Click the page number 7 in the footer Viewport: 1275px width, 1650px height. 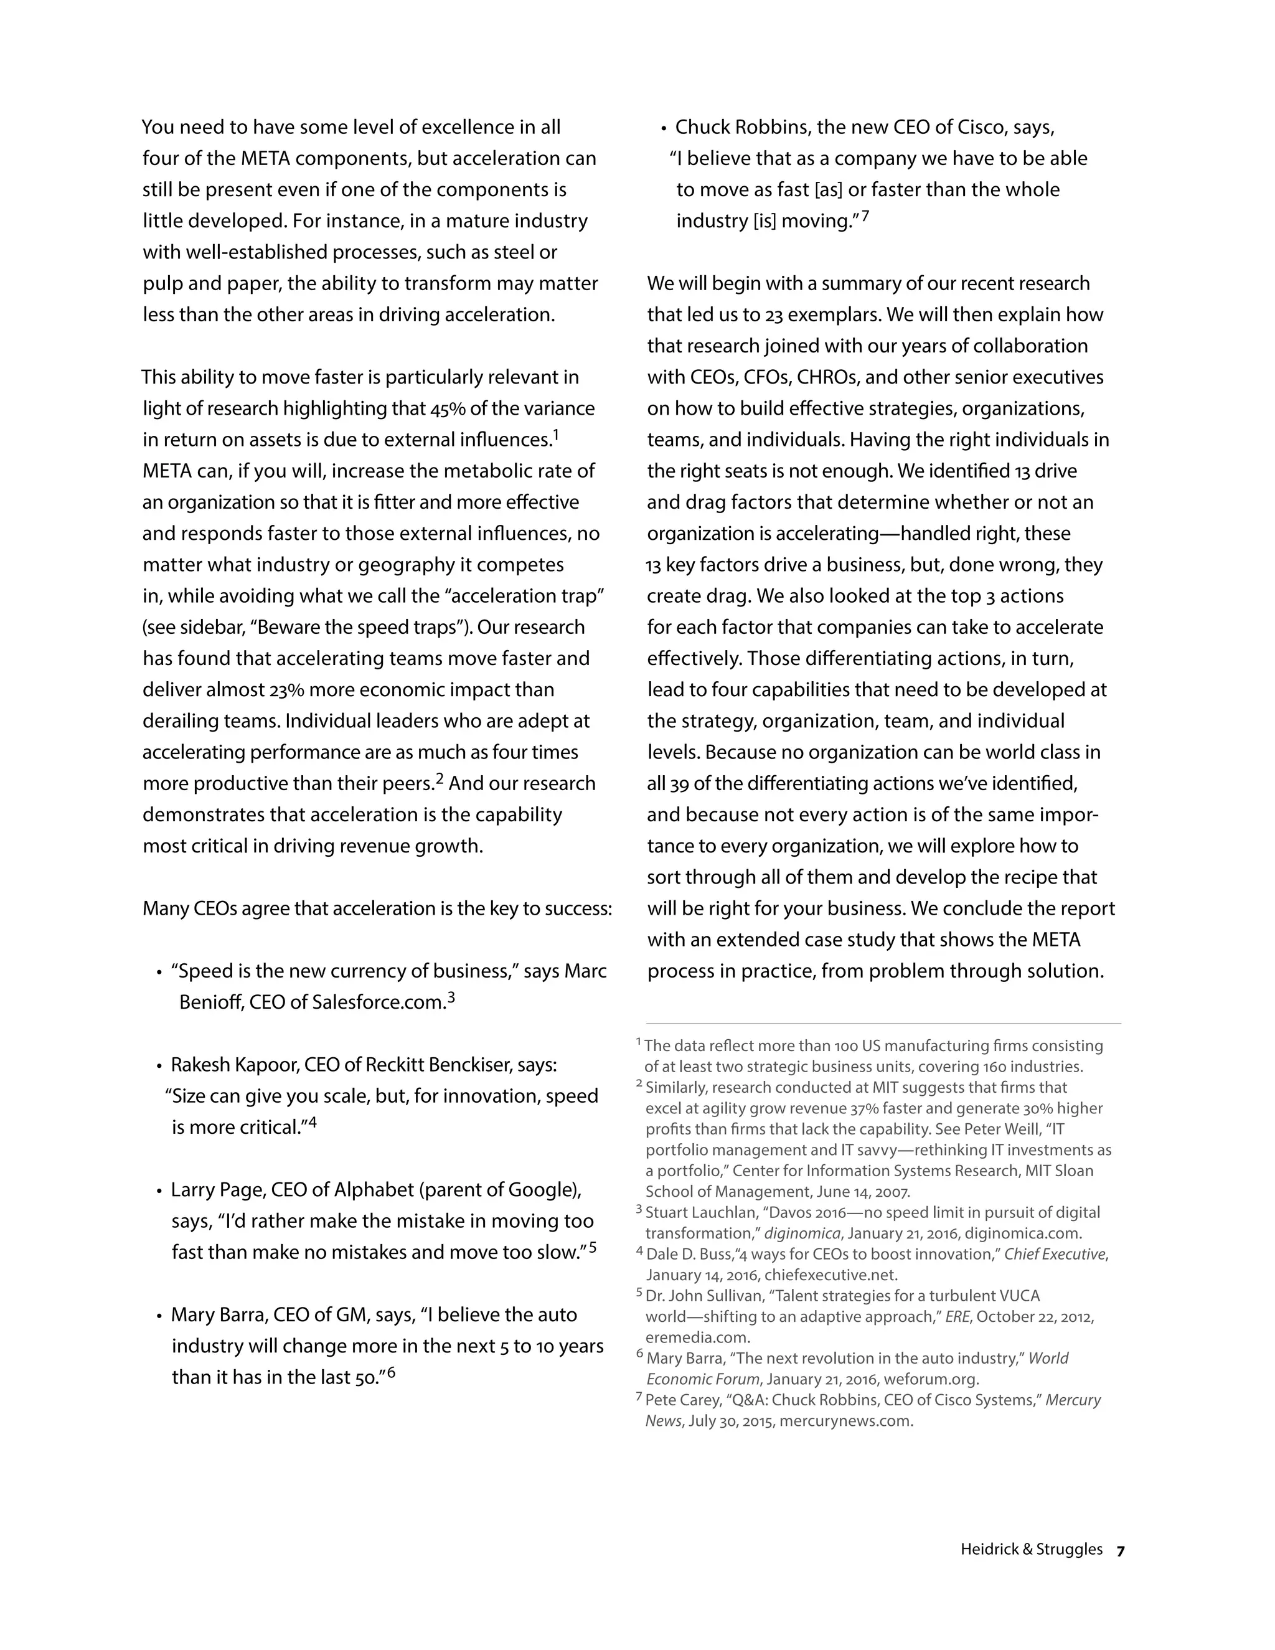1120,1551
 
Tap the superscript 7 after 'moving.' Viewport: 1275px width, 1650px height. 865,217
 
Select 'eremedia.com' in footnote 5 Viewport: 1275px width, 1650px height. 697,1337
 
